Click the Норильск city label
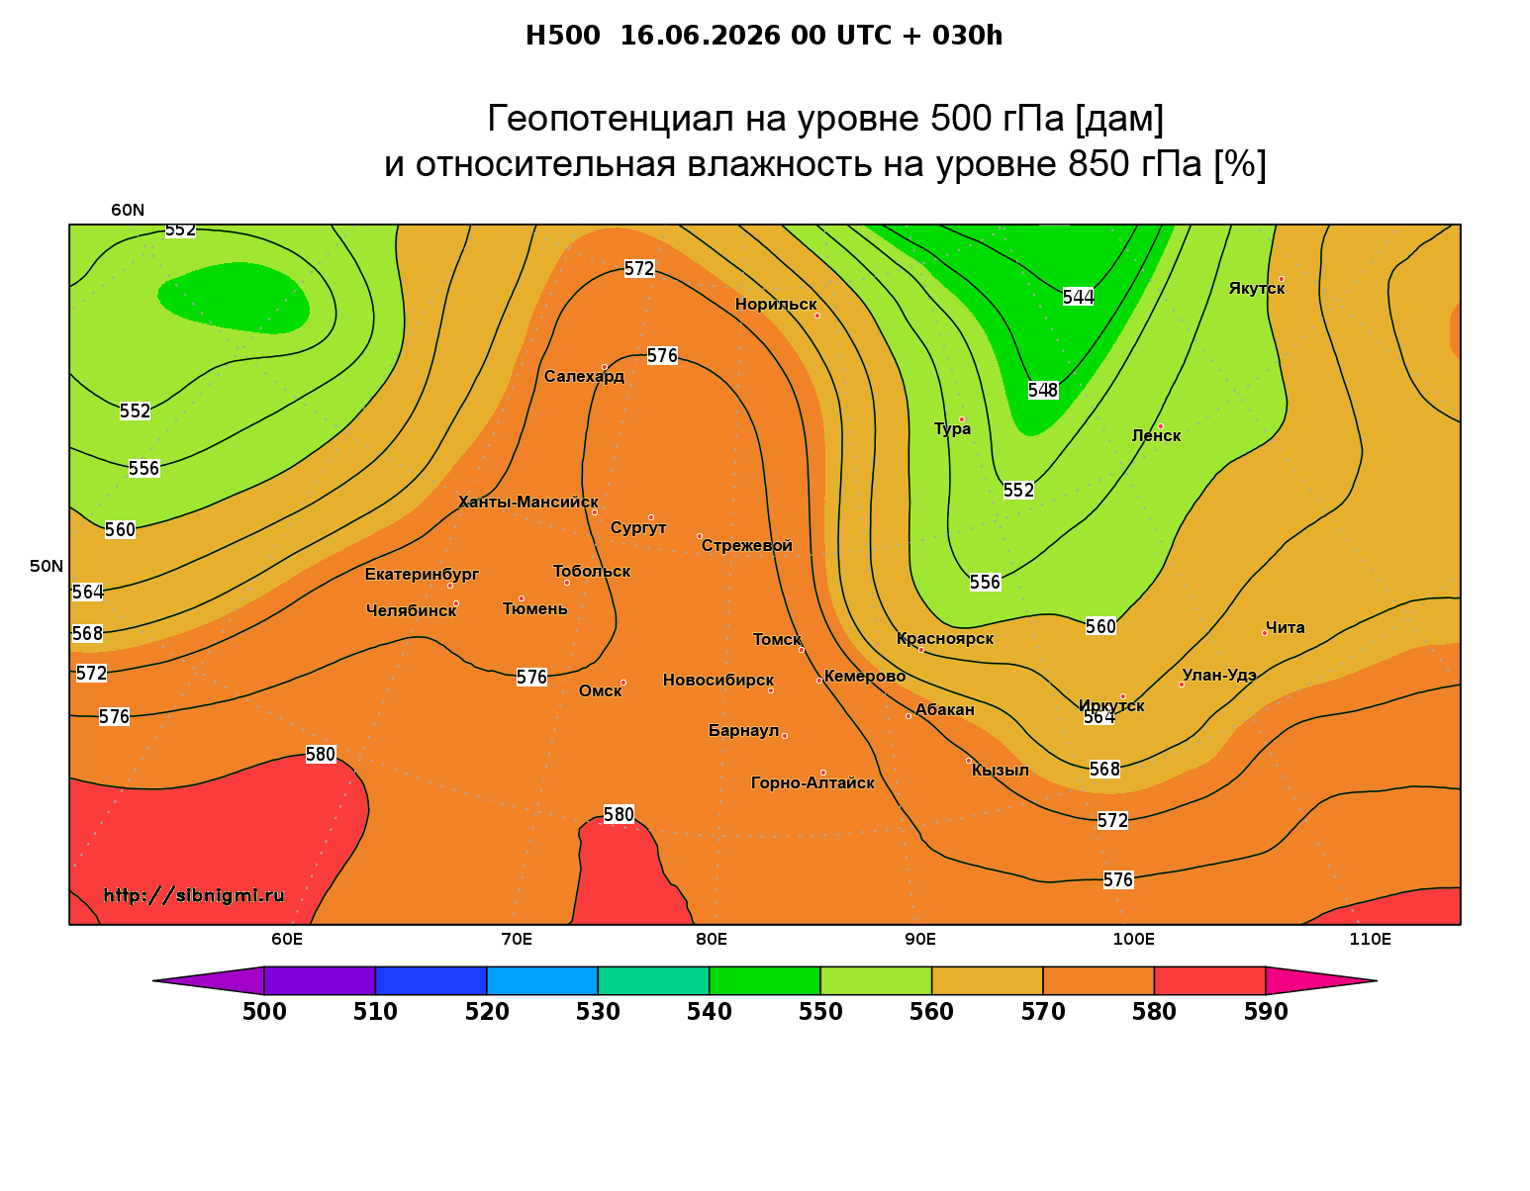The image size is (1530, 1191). pyautogui.click(x=775, y=304)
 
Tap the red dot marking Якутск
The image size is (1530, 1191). pyautogui.click(x=1281, y=279)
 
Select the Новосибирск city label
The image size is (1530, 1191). pyautogui.click(x=718, y=681)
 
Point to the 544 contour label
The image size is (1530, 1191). pyautogui.click(x=1078, y=297)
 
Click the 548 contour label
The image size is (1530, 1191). pyautogui.click(x=1043, y=390)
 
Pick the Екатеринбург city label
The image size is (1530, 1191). pyautogui.click(x=422, y=575)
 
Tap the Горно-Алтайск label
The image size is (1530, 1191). pyautogui.click(x=813, y=783)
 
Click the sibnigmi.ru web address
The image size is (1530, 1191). pyautogui.click(x=194, y=895)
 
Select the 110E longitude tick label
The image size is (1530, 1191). pyautogui.click(x=1370, y=939)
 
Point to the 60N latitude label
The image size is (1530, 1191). pyautogui.click(x=128, y=211)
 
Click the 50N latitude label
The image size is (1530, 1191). pyautogui.click(x=47, y=566)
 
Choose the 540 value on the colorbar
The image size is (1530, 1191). pyautogui.click(x=709, y=1012)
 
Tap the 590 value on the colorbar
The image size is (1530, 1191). pyautogui.click(x=1265, y=1012)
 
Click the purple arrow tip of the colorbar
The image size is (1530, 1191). pyautogui.click(x=154, y=980)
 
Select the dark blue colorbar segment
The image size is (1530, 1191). pyautogui.click(x=430, y=980)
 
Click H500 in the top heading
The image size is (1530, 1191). pyautogui.click(x=562, y=36)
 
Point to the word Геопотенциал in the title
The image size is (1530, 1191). pyautogui.click(x=611, y=118)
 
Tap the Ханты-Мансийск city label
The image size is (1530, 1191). pyautogui.click(x=528, y=503)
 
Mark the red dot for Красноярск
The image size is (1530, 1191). pyautogui.click(x=921, y=650)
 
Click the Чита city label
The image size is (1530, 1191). pyautogui.click(x=1285, y=627)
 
